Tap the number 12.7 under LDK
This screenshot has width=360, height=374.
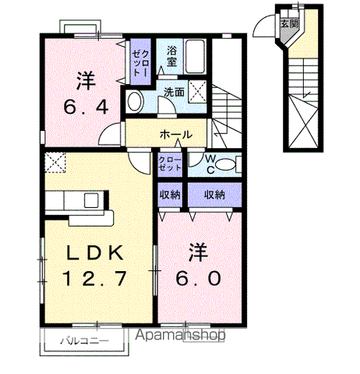97,277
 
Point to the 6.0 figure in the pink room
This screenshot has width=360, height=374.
199,277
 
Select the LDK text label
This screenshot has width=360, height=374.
97,252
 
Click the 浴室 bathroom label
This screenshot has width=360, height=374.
172,55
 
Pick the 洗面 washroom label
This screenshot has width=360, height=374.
173,93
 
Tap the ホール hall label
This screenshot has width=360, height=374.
176,135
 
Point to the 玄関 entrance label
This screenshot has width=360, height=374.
290,24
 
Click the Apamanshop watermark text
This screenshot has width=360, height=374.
180,336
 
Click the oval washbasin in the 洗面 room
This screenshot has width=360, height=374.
135,101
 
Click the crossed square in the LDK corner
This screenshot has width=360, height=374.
55,162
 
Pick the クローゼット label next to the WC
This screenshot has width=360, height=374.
170,164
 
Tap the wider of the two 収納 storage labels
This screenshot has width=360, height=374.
216,194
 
